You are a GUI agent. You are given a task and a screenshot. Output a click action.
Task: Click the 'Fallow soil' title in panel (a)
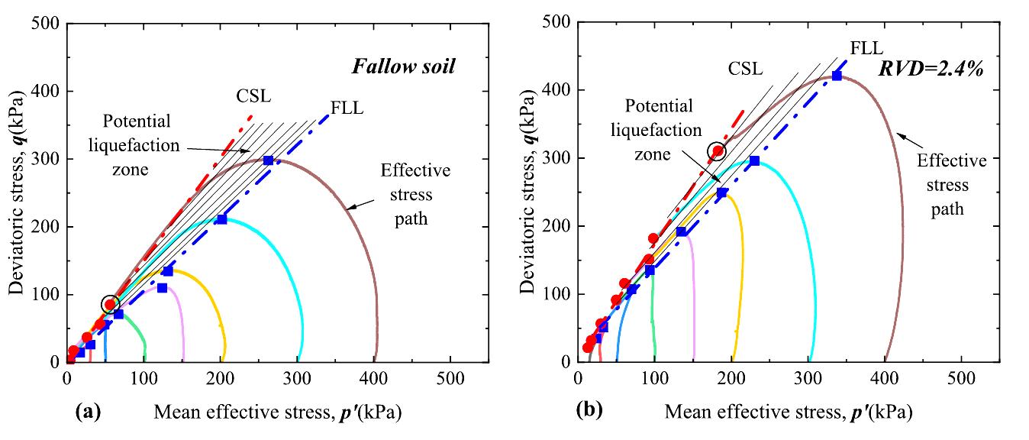coord(403,66)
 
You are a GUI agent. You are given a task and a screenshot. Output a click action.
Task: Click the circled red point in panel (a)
coord(110,305)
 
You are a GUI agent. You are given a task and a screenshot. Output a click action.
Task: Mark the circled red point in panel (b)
coord(718,151)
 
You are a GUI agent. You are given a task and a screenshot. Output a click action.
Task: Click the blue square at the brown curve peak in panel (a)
coord(268,160)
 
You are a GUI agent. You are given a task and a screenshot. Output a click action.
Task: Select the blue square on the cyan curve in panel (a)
coord(221,219)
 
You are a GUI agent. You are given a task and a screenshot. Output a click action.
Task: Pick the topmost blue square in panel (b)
coord(837,76)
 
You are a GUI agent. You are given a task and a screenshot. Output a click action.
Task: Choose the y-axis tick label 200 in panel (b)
coord(556,227)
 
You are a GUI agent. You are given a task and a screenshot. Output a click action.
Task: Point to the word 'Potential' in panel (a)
coord(138,121)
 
